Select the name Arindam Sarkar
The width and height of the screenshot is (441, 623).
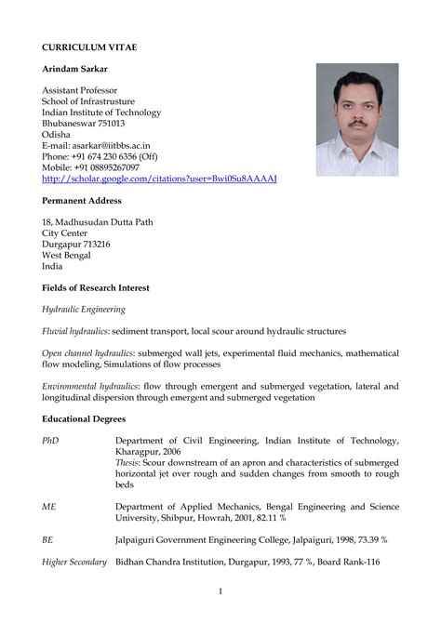[80, 71]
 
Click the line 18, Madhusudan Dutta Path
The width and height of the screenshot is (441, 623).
[98, 222]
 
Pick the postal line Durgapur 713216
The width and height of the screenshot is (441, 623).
[76, 245]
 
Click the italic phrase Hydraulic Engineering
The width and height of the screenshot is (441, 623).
[84, 309]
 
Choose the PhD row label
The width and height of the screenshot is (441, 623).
[50, 441]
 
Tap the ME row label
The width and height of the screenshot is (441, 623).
[49, 507]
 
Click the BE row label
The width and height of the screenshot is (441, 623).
[48, 539]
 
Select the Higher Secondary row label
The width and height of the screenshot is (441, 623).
[74, 562]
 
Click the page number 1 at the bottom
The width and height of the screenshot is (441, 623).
[220, 591]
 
